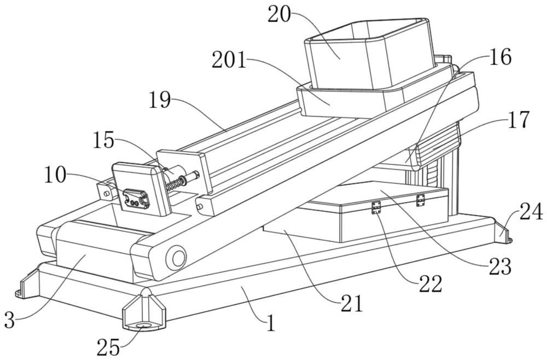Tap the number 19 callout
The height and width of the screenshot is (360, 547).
(159, 100)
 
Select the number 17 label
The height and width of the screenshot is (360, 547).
(516, 120)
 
